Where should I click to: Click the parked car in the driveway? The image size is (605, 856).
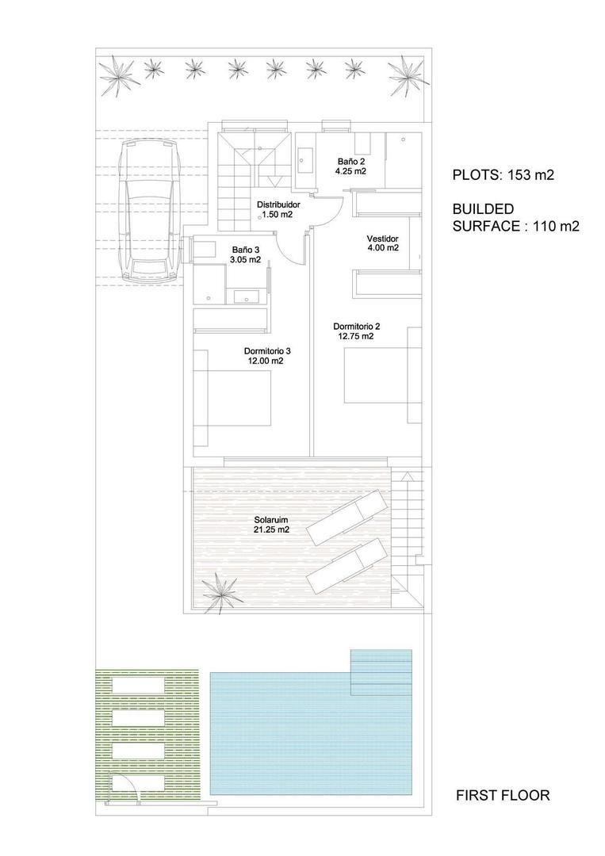149,210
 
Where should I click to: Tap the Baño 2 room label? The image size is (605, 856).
350,161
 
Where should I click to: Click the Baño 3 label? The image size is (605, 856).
245,250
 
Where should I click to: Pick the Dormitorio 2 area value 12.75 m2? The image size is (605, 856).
355,335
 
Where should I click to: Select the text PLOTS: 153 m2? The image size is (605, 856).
496,175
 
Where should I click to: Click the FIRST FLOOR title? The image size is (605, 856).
502,795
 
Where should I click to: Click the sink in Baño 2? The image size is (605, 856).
305,161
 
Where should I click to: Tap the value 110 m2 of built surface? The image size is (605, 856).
548,226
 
